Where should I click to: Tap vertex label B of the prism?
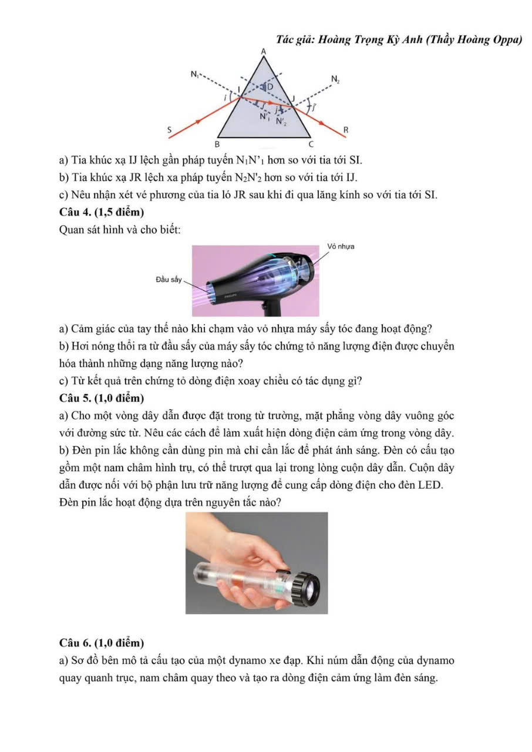click(x=217, y=143)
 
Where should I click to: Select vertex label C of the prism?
click(x=311, y=143)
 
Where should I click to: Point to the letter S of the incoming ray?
click(x=170, y=129)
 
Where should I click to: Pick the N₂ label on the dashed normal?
click(x=335, y=78)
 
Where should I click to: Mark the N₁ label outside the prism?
click(x=194, y=75)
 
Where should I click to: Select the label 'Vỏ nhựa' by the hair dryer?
click(x=342, y=246)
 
